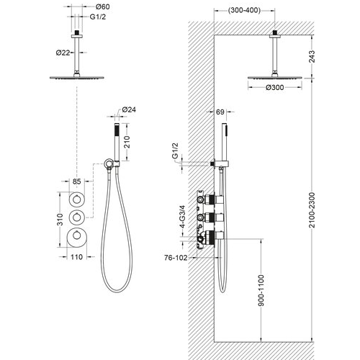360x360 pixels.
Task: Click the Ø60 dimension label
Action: pos(102,6)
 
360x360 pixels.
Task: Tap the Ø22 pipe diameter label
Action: pos(63,53)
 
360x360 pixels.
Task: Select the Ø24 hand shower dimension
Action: pos(129,109)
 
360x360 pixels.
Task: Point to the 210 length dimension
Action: pos(127,142)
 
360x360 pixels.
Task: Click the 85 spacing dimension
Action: pos(77,181)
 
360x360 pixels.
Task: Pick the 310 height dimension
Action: pos(60,220)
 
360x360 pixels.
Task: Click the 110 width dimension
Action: pos(76,257)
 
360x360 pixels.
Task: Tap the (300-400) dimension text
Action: pos(244,10)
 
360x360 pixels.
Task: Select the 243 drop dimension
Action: pos(312,56)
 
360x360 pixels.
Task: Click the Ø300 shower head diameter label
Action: pos(275,88)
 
